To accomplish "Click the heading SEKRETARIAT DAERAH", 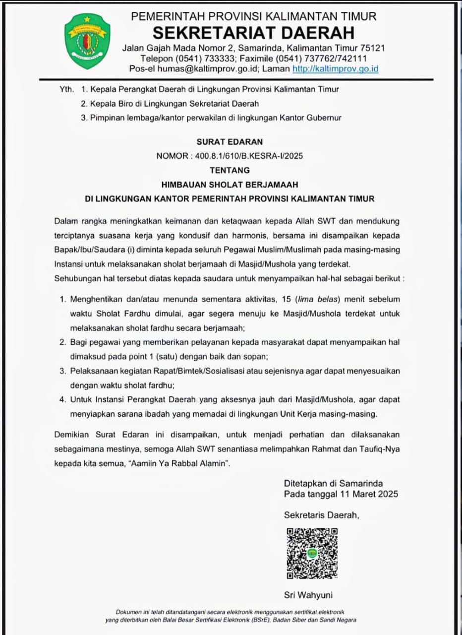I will point(253,33).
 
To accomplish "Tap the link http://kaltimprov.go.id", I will point(335,69).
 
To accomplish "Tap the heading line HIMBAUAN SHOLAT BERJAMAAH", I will point(230,185).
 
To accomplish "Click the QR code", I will point(312,553).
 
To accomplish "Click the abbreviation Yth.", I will point(66,89).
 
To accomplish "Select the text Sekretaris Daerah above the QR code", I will point(321,515).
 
